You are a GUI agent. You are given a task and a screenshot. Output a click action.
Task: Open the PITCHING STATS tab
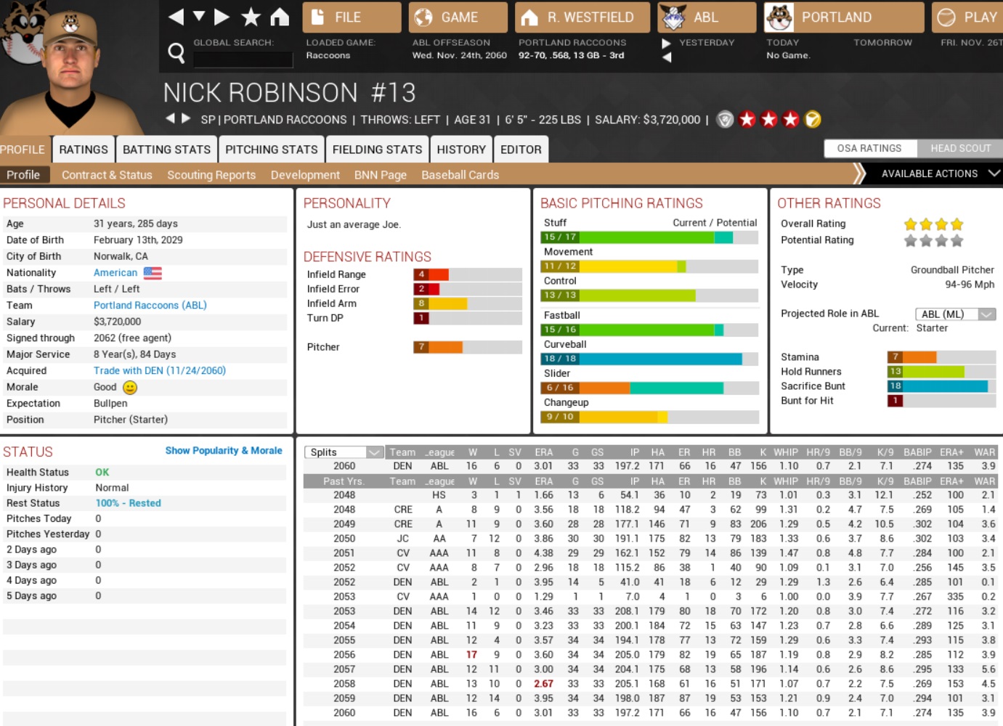coord(271,150)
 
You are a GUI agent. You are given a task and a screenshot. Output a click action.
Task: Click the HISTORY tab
coord(460,150)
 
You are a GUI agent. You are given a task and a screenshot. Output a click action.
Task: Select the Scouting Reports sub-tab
coord(211,175)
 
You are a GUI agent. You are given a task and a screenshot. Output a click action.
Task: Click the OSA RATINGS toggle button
coord(869,148)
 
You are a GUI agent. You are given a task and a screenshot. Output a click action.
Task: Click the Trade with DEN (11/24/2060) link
coord(159,370)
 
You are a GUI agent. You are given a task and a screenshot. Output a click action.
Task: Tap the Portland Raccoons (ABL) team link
coord(150,305)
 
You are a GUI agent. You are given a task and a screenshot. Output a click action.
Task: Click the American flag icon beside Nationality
coord(153,273)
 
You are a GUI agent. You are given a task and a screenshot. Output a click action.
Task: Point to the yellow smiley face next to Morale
coord(130,387)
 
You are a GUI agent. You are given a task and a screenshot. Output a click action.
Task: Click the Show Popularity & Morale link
coord(223,451)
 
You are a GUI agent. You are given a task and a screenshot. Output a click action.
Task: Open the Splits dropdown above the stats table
coord(344,452)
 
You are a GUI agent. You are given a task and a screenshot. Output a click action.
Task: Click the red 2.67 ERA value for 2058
coord(543,684)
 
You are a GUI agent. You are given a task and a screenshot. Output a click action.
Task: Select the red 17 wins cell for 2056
coord(471,655)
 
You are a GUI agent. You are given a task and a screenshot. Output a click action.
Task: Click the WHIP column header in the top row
coord(785,452)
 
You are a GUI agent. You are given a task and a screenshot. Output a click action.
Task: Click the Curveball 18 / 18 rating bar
coord(649,359)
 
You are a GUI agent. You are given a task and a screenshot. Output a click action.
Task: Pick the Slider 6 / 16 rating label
coord(559,388)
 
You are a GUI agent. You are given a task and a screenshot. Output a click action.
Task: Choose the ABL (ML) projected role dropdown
coord(954,314)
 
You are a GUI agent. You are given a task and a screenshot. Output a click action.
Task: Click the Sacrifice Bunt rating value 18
coord(896,386)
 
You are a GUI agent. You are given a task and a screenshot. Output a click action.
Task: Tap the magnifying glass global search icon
coord(176,52)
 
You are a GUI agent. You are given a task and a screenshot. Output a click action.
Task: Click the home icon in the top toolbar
coord(280,17)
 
